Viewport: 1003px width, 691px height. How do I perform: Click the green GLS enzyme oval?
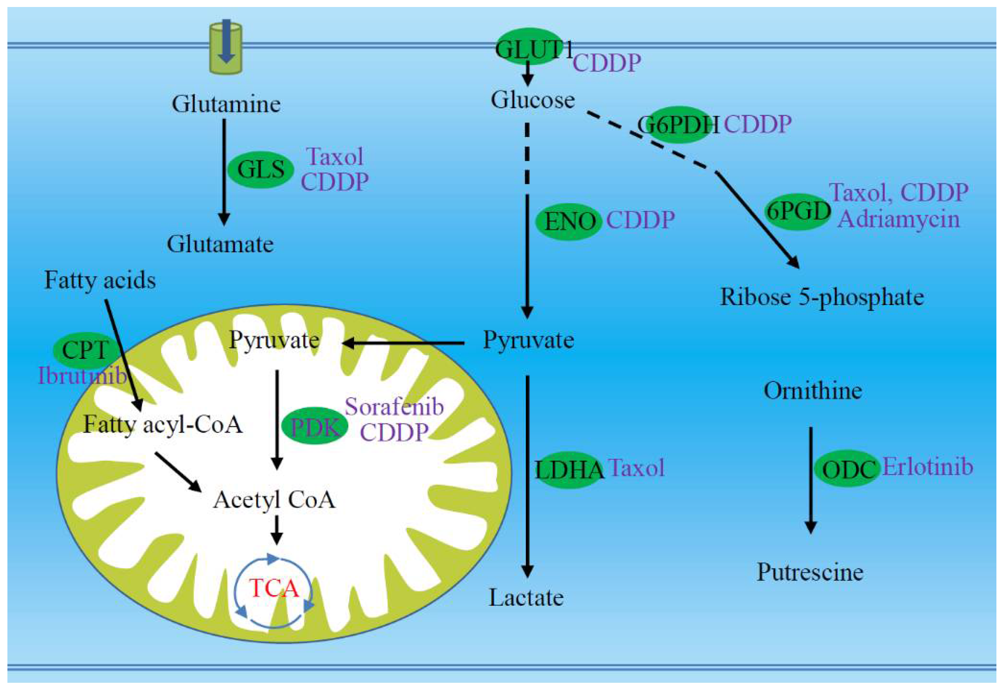(x=260, y=169)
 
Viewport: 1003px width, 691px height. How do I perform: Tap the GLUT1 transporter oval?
(x=529, y=47)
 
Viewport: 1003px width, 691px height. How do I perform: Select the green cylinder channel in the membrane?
(x=225, y=49)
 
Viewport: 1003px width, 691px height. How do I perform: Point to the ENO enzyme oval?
(x=569, y=221)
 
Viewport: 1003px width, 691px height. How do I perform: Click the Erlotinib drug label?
(x=928, y=467)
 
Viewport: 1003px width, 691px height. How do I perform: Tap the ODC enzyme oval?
(x=847, y=469)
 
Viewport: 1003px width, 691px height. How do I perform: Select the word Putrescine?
(x=810, y=572)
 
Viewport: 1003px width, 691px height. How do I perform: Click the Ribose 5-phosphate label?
(x=821, y=298)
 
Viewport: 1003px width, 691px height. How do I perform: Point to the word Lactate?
(x=526, y=598)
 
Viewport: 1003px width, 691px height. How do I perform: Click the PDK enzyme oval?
(x=315, y=426)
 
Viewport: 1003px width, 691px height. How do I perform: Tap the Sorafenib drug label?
(x=394, y=407)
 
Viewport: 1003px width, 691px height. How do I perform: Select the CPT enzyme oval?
(x=85, y=350)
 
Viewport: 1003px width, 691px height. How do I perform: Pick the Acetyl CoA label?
(x=274, y=500)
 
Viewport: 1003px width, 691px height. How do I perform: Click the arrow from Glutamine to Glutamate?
(x=224, y=173)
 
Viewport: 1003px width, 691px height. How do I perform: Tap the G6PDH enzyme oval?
(x=678, y=125)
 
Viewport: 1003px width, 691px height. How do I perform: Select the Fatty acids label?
(x=100, y=280)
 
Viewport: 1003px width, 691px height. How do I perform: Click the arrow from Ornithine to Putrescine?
(x=810, y=481)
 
